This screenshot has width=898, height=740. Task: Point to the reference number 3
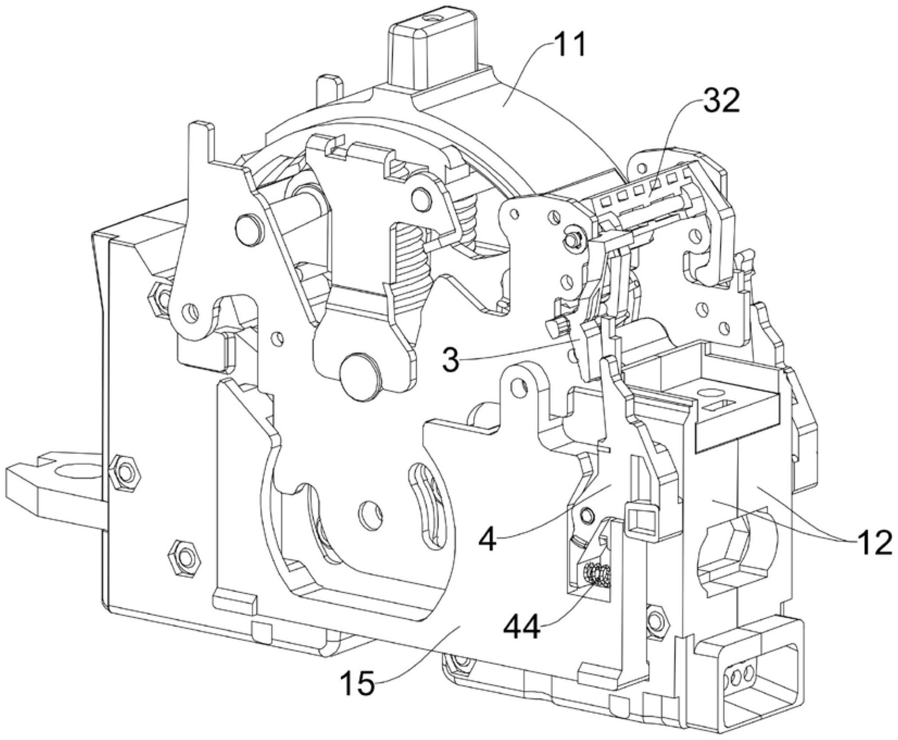[x=450, y=359]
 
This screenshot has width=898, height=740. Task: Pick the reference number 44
[x=522, y=627]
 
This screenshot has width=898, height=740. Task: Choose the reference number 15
[x=358, y=682]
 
